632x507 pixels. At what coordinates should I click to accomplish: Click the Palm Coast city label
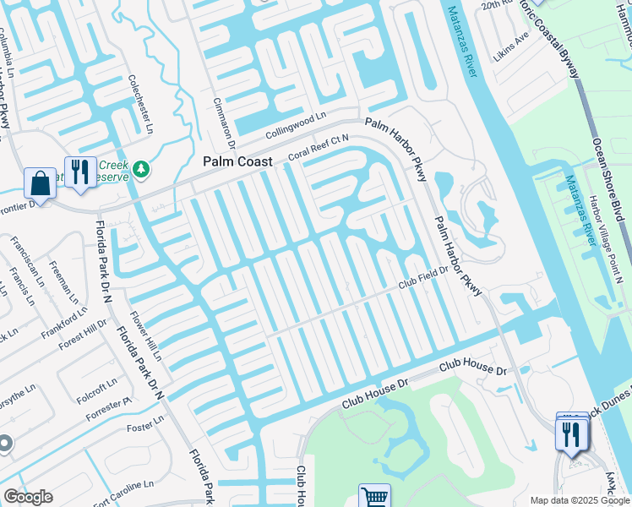click(x=237, y=161)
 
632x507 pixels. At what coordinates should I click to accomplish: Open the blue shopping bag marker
click(x=39, y=181)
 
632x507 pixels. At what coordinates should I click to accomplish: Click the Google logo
click(x=28, y=497)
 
